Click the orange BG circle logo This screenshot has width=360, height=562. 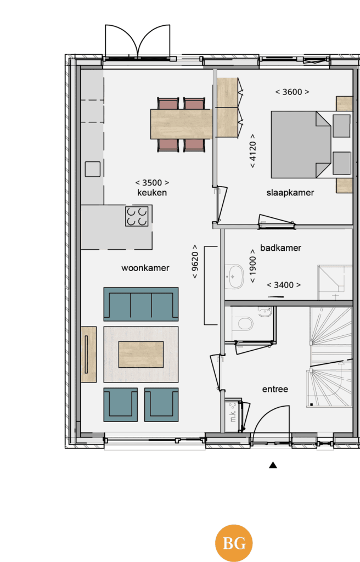click(234, 543)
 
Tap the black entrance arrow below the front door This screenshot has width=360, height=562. click(273, 465)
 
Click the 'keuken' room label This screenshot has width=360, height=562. click(152, 193)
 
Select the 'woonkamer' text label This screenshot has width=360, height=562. click(145, 268)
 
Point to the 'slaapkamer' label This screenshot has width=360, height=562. click(290, 193)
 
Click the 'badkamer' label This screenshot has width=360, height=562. click(280, 248)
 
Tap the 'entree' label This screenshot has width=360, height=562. click(275, 389)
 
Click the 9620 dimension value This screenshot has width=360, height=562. click(195, 261)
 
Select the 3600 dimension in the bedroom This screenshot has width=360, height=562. click(292, 92)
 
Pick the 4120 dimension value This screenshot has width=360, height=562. click(253, 151)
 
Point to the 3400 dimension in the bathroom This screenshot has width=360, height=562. click(284, 285)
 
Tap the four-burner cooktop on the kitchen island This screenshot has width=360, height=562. click(137, 216)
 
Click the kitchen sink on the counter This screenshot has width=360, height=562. click(93, 169)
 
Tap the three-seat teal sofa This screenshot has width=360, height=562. click(141, 304)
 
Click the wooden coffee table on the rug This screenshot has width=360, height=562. click(141, 355)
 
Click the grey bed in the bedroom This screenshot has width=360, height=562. click(301, 144)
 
